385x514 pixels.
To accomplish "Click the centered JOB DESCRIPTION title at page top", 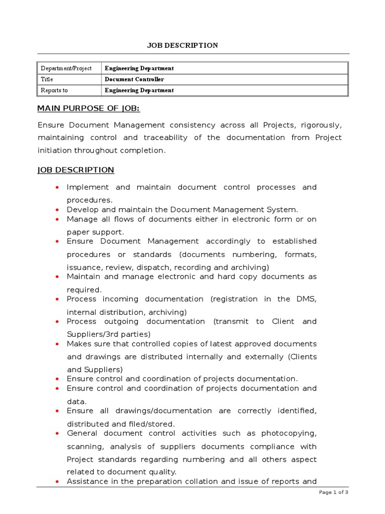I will coord(182,45).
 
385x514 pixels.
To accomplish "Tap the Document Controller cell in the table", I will coord(134,79).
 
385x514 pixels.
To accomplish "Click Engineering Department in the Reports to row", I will coord(139,90).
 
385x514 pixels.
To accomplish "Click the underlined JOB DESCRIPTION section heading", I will coord(76,170).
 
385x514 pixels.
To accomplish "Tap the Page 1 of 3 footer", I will coord(333,492).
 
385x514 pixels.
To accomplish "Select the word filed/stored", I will coord(152,424).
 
